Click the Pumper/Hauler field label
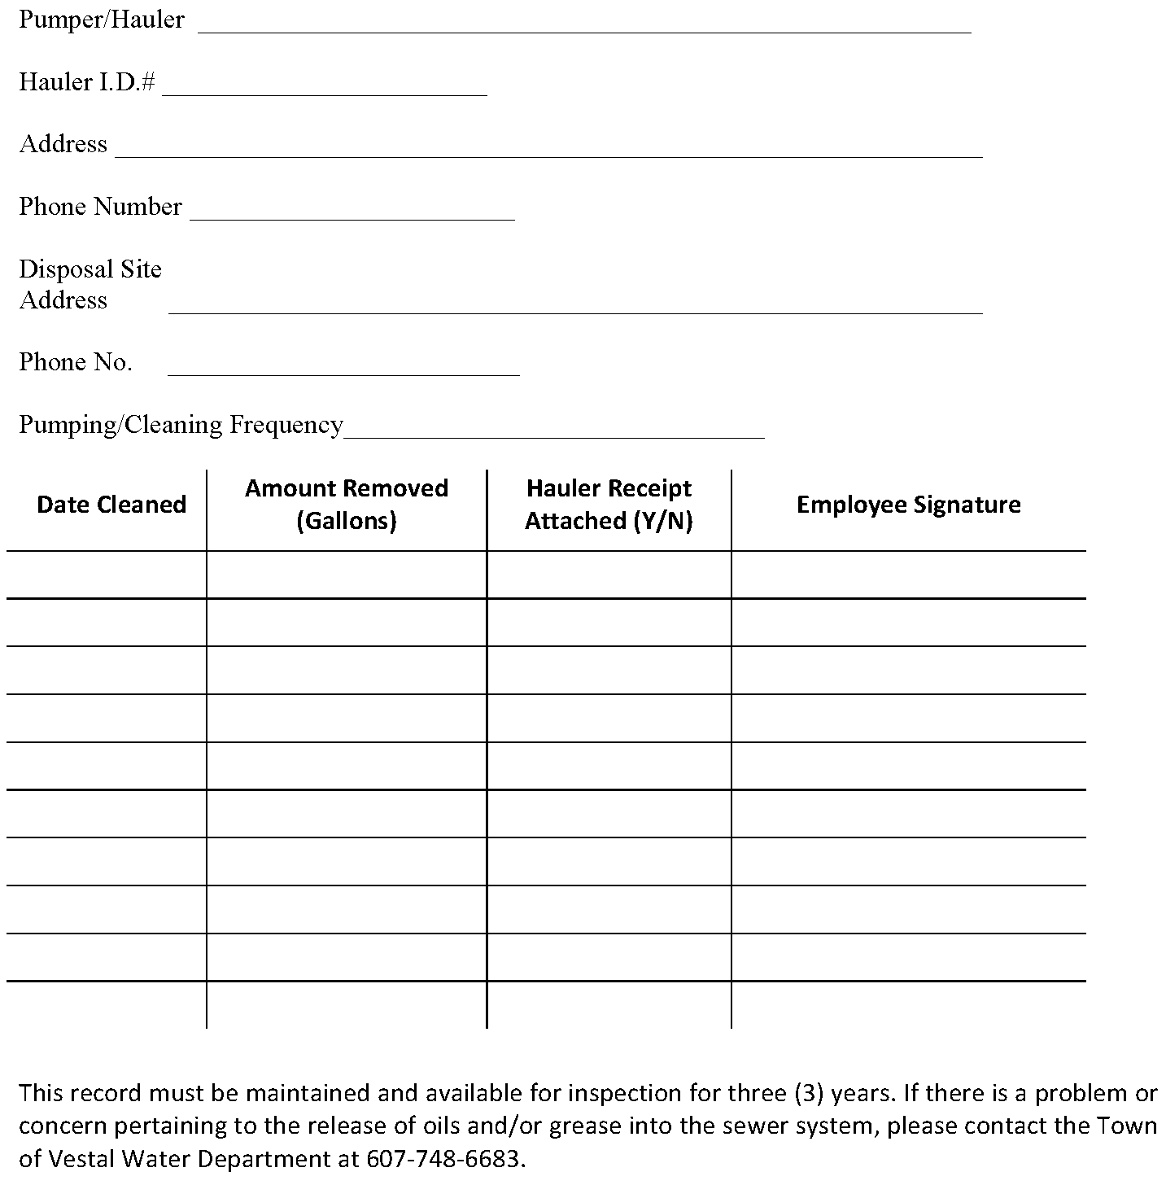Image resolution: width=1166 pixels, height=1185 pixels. click(102, 20)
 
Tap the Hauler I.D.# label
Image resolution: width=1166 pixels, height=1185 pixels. click(87, 82)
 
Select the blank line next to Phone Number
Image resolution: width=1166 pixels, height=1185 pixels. click(352, 213)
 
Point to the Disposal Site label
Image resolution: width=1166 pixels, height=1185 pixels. click(90, 269)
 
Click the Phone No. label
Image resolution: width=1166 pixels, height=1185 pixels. click(76, 362)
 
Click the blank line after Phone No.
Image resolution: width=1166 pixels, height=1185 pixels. click(343, 369)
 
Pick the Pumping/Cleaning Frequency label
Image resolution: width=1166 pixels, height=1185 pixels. click(181, 425)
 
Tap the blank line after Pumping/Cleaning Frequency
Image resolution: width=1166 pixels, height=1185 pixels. click(553, 432)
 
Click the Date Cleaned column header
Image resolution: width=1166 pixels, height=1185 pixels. click(111, 505)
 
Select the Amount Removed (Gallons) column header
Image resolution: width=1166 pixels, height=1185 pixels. click(347, 504)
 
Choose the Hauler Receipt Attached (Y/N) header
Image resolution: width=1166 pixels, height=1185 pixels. click(609, 504)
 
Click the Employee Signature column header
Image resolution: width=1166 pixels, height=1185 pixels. click(908, 505)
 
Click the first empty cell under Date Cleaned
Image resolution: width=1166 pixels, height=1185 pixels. click(107, 575)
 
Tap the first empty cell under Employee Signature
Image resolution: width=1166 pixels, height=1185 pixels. click(908, 575)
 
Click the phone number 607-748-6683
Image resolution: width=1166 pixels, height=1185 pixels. click(444, 1158)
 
